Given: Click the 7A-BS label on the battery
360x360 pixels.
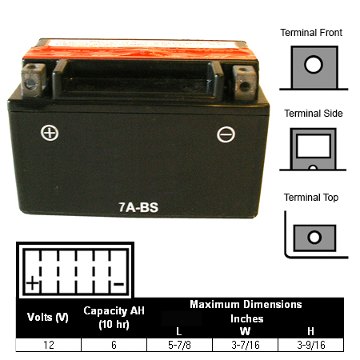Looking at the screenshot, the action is [138, 207].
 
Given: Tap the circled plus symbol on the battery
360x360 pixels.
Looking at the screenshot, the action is [50, 133].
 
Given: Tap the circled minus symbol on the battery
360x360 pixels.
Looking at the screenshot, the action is [226, 134].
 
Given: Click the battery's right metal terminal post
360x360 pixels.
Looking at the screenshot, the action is [245, 82].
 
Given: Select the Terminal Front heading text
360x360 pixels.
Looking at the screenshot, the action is [311, 33].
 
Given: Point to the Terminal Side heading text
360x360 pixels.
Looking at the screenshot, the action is [314, 114].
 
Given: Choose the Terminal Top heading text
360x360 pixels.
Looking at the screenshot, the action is [311, 198].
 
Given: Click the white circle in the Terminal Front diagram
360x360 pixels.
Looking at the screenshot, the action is [314, 64].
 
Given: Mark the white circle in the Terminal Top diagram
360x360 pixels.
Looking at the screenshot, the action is [314, 237].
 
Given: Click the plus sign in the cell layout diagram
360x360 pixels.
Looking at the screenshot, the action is [33, 283].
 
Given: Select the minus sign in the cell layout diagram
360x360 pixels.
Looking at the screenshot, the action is [118, 284].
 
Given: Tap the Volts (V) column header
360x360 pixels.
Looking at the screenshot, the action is [48, 318].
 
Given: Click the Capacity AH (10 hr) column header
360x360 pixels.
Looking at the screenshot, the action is [114, 318].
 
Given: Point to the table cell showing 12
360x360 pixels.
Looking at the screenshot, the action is [49, 345].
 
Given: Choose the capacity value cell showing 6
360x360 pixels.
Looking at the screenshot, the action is [114, 345].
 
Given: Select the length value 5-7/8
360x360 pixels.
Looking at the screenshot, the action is [179, 345].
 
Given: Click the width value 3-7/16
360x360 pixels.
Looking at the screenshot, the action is [246, 345].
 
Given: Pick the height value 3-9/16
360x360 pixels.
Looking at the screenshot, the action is [311, 345].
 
